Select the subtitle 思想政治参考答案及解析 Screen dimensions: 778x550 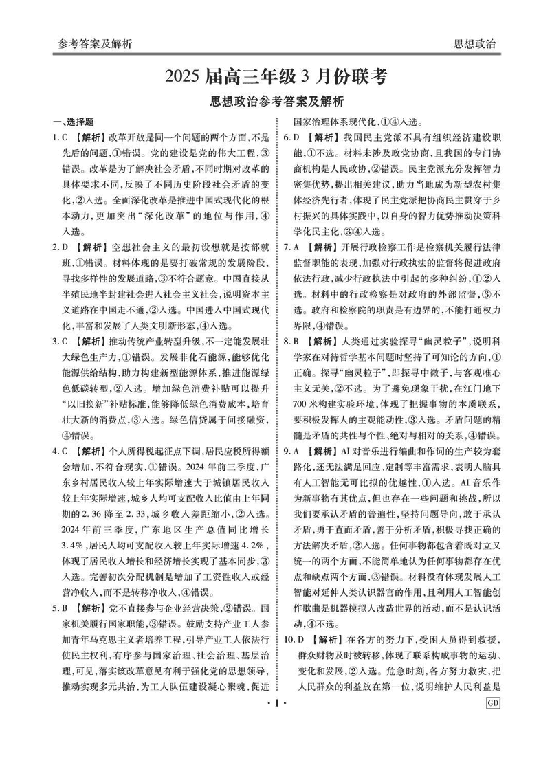pos(276,102)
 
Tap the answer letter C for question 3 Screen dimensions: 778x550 pos(72,342)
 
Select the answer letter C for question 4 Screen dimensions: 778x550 pos(72,452)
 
